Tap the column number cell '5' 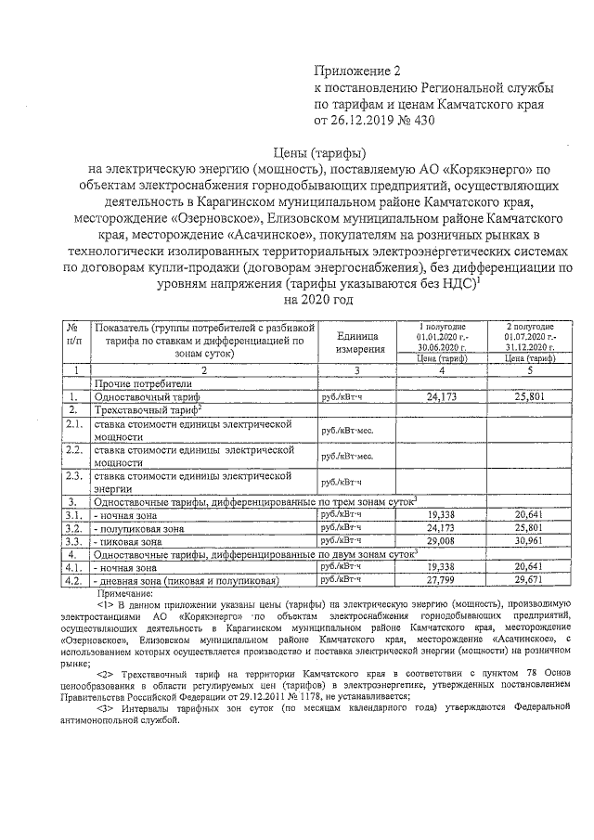(x=528, y=370)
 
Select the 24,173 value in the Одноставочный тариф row (x=444, y=396)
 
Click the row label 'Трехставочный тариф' (x=148, y=409)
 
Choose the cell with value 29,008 (x=444, y=539)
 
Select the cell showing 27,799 (x=444, y=579)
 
